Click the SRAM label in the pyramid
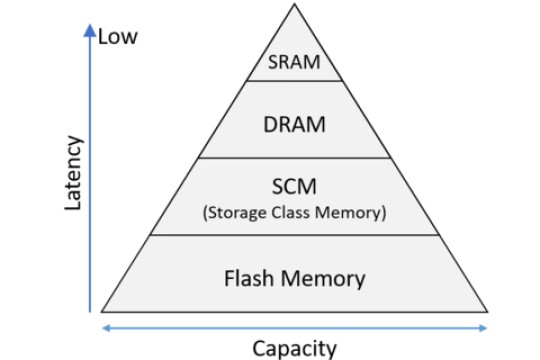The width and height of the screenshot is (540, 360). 294,63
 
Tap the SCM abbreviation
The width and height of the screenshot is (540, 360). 294,187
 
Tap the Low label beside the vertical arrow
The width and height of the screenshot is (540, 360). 117,38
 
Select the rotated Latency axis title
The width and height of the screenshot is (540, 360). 72,174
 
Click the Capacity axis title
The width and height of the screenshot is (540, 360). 294,348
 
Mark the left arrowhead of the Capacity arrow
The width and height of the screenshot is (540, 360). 105,327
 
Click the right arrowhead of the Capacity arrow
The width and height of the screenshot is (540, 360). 485,327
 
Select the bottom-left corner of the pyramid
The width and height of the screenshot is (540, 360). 103,311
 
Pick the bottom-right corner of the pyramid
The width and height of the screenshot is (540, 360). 487,311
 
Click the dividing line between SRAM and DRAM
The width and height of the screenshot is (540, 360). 294,81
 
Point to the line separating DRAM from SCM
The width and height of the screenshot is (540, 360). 294,157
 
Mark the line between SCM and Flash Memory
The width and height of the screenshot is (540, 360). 294,236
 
